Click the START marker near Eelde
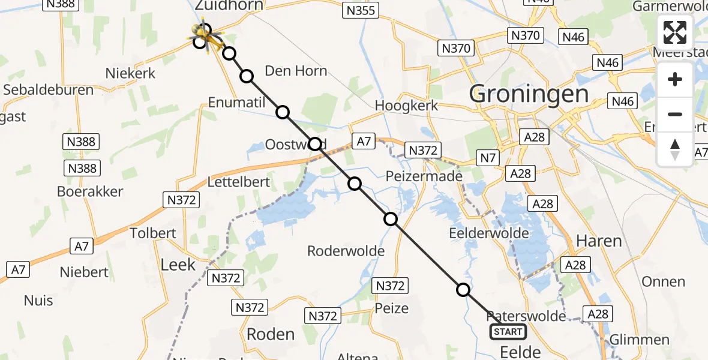508,332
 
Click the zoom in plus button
675,80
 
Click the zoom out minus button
675,114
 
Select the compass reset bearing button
675,149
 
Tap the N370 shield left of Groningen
456,48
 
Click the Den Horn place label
296,71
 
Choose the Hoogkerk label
406,105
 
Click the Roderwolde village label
346,251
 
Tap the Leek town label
178,265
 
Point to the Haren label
598,241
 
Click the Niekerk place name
130,73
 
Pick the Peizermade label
424,176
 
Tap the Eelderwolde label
490,233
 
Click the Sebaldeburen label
49,90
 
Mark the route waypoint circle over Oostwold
315,144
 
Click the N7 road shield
486,158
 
